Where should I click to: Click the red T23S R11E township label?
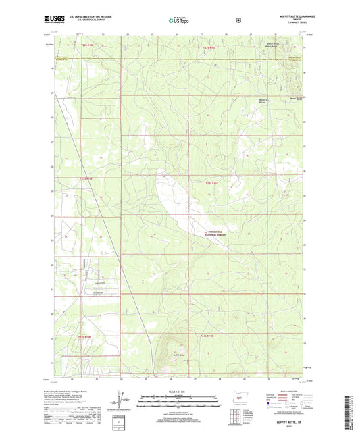pos(212,182)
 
